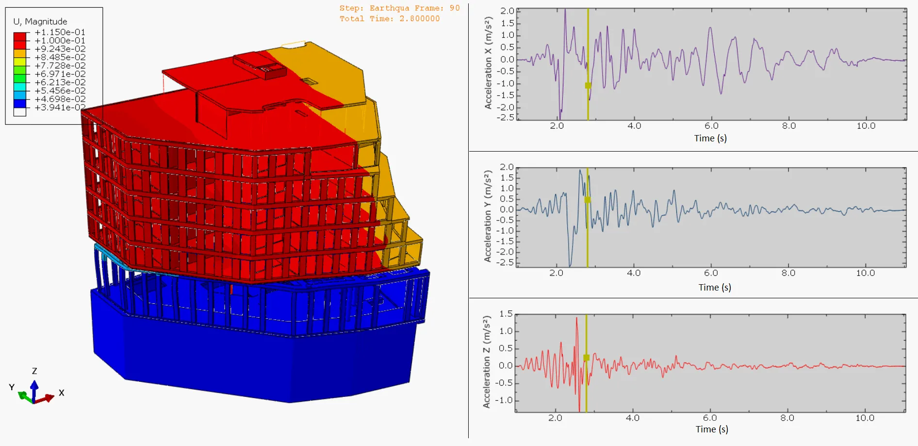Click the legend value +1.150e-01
click(x=60, y=32)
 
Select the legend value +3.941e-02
click(x=60, y=107)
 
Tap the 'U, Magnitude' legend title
click(x=40, y=21)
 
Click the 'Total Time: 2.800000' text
click(x=390, y=18)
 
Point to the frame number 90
click(x=454, y=8)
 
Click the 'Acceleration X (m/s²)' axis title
click(x=488, y=63)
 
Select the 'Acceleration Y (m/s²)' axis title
click(x=488, y=216)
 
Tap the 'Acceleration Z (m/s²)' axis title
click(x=487, y=362)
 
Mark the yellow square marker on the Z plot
click(x=586, y=358)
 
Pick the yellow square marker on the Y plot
click(x=588, y=200)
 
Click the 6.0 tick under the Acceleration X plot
click(x=711, y=126)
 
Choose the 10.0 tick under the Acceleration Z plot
click(x=865, y=418)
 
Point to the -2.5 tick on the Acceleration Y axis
click(x=507, y=262)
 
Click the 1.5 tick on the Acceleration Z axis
click(x=506, y=314)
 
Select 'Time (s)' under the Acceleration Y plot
click(x=714, y=287)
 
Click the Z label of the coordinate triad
click(x=34, y=371)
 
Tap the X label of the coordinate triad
click(x=62, y=393)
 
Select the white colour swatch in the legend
click(x=20, y=112)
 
